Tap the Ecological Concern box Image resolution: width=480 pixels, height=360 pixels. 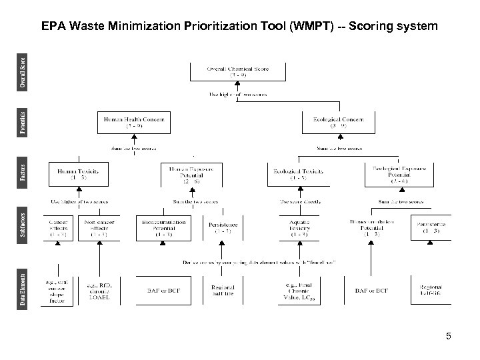[x=337, y=123]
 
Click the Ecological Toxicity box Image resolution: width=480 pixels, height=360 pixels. [x=299, y=175]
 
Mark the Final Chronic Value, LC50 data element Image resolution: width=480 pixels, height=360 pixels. [x=298, y=291]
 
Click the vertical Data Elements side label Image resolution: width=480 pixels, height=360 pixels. [x=23, y=291]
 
